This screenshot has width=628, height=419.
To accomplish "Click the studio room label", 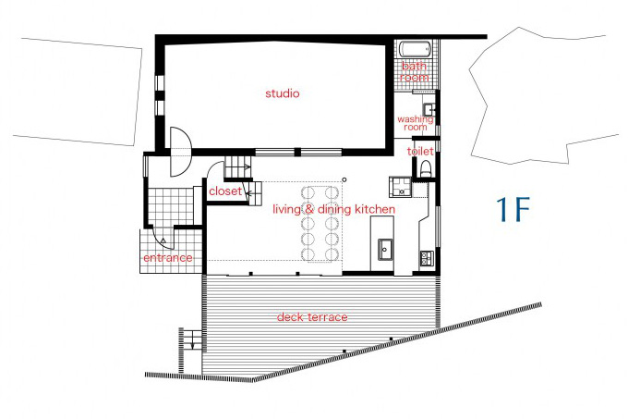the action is click(x=283, y=93).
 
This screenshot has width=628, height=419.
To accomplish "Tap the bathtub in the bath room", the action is click(x=416, y=50).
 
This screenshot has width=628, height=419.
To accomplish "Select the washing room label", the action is click(x=416, y=123).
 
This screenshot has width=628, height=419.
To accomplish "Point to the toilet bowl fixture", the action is click(x=426, y=169).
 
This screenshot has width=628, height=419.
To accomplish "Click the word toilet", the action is click(x=420, y=151).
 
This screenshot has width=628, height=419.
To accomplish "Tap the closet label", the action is click(x=225, y=191).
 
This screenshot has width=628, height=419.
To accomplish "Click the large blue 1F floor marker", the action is click(x=513, y=209).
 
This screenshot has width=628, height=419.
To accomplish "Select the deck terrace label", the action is click(x=312, y=317).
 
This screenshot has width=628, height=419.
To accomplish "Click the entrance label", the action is click(x=168, y=257).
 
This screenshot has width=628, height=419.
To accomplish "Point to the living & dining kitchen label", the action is click(x=334, y=209).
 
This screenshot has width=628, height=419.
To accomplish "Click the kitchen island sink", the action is click(x=385, y=250).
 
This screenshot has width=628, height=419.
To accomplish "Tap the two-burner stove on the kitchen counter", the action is click(x=426, y=259).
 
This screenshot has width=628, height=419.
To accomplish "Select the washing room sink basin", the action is click(x=429, y=109).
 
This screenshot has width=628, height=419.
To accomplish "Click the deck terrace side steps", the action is click(x=192, y=339).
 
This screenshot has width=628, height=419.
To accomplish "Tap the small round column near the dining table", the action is click(x=344, y=179).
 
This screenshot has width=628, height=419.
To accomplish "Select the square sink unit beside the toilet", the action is click(x=401, y=187).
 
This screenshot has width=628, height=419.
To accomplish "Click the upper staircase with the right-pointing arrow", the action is click(x=237, y=166).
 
